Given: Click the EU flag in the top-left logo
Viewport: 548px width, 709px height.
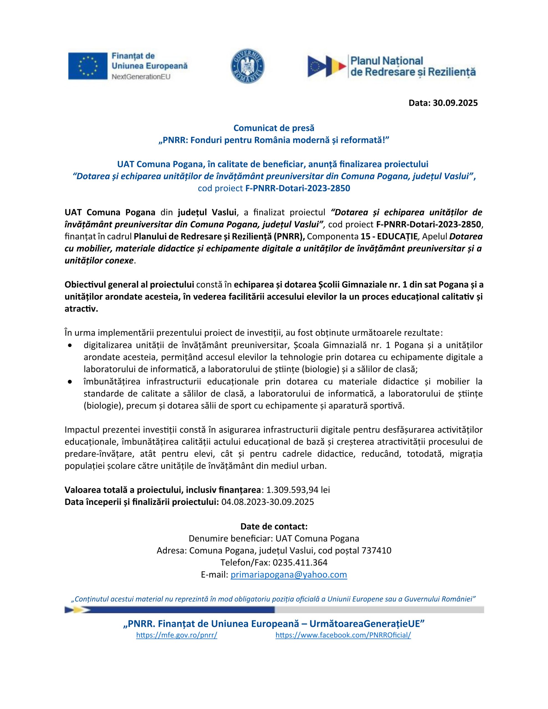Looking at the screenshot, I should [88, 66].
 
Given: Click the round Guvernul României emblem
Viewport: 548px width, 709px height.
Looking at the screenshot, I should [247, 66].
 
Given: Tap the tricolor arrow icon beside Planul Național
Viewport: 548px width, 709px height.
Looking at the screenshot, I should [326, 66].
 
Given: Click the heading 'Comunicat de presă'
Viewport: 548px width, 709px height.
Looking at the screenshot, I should [274, 128].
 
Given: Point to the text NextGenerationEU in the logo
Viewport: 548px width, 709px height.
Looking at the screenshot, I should [141, 77].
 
